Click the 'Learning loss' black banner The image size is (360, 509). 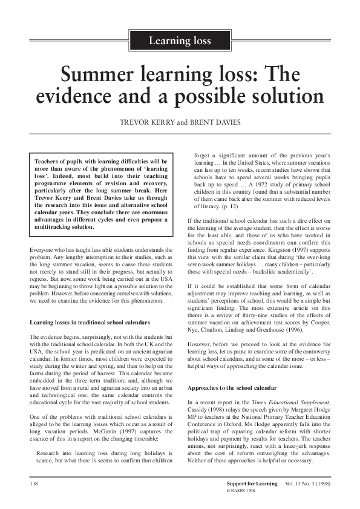point(180,41)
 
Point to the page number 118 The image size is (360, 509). point(35,485)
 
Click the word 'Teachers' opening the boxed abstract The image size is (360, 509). point(48,162)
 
